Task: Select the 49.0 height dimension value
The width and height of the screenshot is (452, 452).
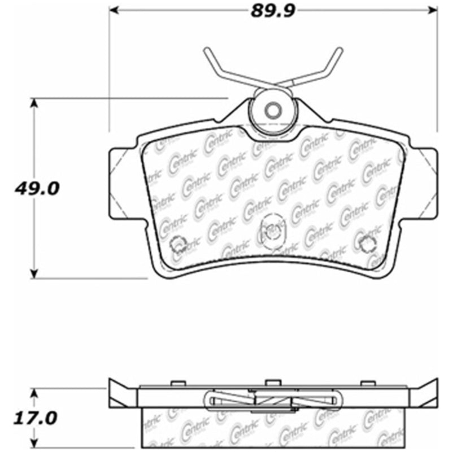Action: [36, 189]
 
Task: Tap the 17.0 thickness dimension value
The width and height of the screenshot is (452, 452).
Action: [36, 419]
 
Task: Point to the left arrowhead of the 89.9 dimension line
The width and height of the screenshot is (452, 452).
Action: [113, 10]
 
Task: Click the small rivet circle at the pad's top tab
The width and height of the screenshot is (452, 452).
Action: [273, 110]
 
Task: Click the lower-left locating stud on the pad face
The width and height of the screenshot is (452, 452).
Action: [179, 243]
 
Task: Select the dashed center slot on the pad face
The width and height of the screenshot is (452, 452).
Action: [272, 231]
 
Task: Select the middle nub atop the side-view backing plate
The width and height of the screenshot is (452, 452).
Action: [272, 383]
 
